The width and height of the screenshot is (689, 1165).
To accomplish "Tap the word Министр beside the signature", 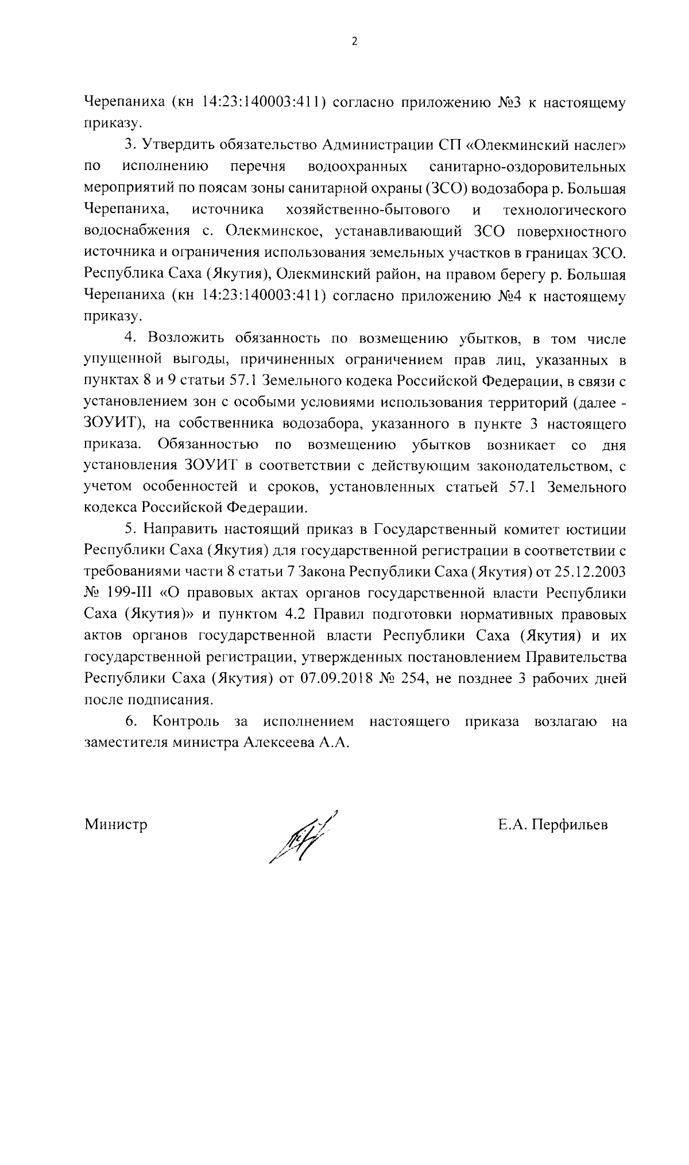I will tap(116, 825).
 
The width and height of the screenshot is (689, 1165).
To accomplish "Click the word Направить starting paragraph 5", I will tap(180, 529).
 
